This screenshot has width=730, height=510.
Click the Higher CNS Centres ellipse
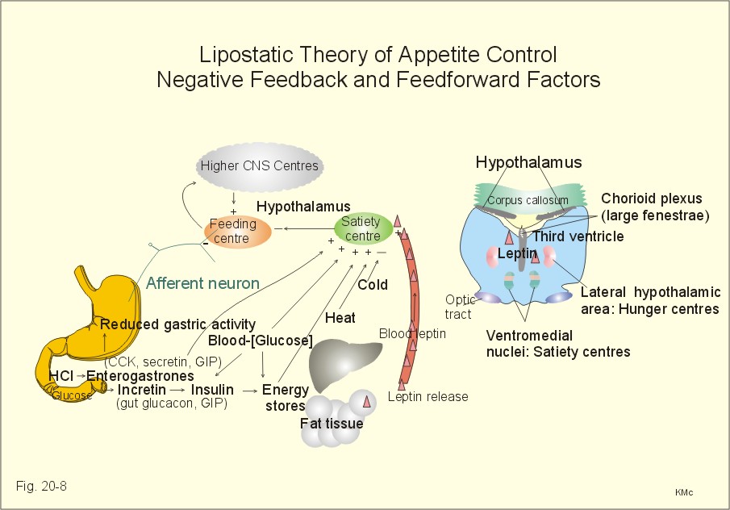tap(259, 167)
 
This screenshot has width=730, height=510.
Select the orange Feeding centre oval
tap(237, 232)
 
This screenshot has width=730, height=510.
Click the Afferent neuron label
tap(202, 283)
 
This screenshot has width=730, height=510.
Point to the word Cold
tap(373, 285)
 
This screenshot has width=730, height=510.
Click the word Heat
tap(340, 318)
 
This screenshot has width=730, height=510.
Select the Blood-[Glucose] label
tap(261, 341)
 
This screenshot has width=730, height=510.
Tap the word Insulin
tap(212, 390)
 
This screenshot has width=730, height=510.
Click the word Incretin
tap(141, 390)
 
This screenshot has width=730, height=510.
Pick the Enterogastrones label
tap(140, 375)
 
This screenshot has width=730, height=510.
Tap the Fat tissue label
tap(332, 423)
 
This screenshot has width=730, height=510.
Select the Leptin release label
tap(428, 396)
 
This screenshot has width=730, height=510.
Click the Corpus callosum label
tap(528, 200)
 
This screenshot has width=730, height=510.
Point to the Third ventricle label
tap(578, 236)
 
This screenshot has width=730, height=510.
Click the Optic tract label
tap(459, 307)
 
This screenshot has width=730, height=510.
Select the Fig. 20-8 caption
tap(41, 487)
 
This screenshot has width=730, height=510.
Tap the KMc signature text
tap(684, 492)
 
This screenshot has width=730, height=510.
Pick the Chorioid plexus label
tap(651, 199)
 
